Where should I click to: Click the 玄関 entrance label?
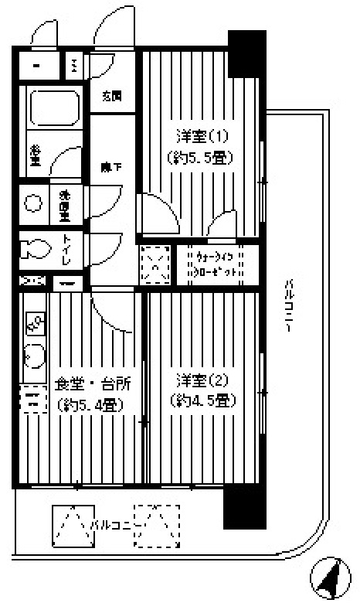coord(112,96)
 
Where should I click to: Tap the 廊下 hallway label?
coord(112,166)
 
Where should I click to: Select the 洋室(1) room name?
coord(200,137)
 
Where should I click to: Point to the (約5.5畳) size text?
coord(200,157)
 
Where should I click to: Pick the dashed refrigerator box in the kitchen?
coord(32,400)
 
